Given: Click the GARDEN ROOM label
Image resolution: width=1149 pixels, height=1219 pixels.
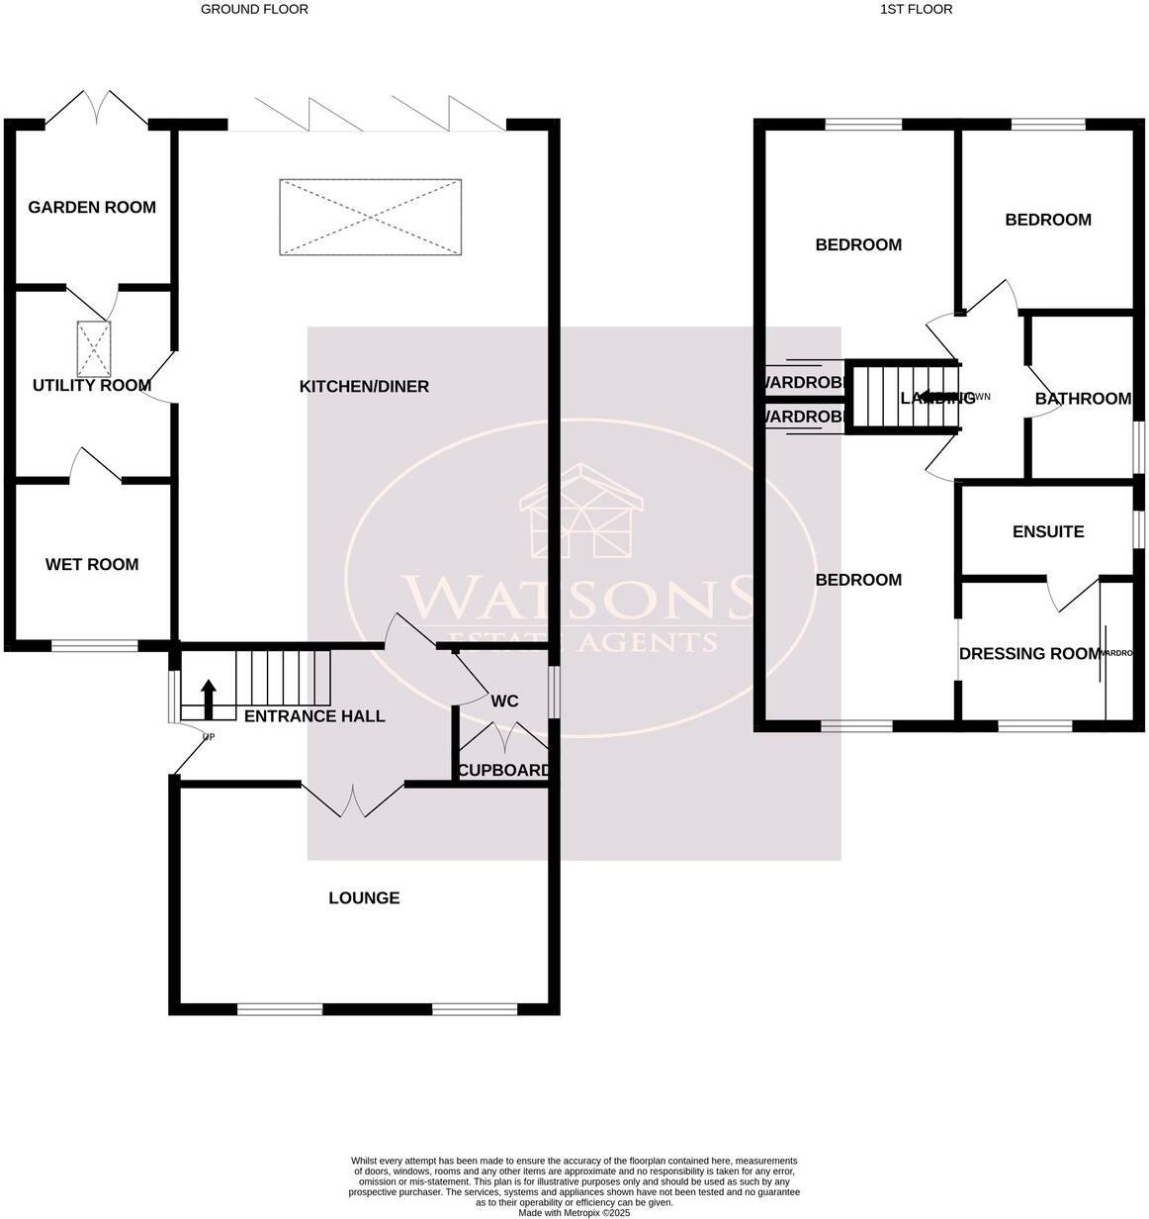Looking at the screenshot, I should [92, 207].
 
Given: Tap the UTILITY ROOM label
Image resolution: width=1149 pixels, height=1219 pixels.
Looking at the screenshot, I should [92, 385].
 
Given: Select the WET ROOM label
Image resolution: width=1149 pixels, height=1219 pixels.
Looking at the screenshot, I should [92, 564].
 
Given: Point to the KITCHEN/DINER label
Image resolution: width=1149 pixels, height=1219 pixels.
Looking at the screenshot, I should [364, 386].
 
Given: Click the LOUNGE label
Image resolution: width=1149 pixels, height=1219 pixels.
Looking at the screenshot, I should [364, 897].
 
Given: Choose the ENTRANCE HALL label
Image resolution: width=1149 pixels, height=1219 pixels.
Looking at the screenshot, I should [314, 715].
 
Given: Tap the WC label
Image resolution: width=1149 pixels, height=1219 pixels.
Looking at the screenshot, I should [504, 701].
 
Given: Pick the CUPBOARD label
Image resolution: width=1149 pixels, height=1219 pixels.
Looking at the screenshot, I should [504, 770].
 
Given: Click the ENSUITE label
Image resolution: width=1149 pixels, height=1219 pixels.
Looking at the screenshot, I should [1048, 531].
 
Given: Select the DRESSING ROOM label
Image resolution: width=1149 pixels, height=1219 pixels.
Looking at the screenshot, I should [1029, 653].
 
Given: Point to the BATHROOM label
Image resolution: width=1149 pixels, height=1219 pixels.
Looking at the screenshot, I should [1083, 399].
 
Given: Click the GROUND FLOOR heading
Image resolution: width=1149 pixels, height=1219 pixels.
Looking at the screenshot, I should [254, 9].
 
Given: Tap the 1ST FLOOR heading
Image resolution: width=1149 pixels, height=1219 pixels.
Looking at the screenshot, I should [916, 9].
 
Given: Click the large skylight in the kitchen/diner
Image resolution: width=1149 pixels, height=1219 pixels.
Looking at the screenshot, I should [371, 217].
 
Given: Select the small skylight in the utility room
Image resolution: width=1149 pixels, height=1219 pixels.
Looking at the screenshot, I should [95, 348].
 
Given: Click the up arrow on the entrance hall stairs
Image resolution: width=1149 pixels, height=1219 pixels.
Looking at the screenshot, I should [208, 698].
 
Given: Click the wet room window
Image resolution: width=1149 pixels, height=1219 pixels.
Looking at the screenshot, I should [95, 646].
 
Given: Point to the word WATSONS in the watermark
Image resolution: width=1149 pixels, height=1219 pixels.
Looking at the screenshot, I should [578, 597].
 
